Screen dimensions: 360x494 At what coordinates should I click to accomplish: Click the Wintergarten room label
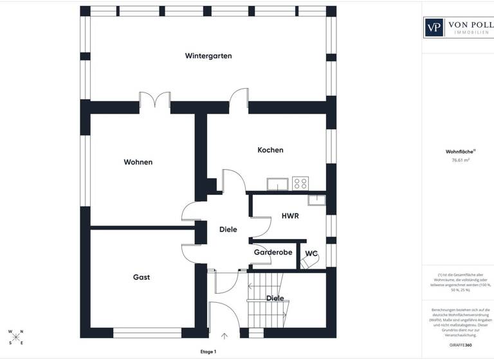(x=208, y=56)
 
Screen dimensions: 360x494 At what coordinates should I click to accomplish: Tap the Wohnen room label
(x=138, y=162)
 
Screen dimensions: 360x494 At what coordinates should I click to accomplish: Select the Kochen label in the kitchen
(x=270, y=150)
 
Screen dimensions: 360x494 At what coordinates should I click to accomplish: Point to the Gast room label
(x=142, y=277)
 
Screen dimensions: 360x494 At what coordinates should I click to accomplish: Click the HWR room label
(x=290, y=216)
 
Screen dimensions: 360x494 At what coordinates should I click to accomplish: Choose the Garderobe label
(x=273, y=253)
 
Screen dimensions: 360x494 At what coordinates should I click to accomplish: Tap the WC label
(x=311, y=253)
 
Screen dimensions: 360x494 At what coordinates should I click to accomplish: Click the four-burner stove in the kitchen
(x=300, y=184)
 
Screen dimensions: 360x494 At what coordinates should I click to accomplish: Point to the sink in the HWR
(x=317, y=199)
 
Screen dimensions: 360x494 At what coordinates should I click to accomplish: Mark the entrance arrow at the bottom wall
(x=224, y=335)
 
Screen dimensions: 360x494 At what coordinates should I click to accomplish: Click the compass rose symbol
(x=15, y=337)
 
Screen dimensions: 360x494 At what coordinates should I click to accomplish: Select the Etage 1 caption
(x=208, y=352)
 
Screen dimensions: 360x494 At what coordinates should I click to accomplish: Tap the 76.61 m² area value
(x=461, y=161)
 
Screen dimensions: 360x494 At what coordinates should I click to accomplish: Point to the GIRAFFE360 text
(x=461, y=345)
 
